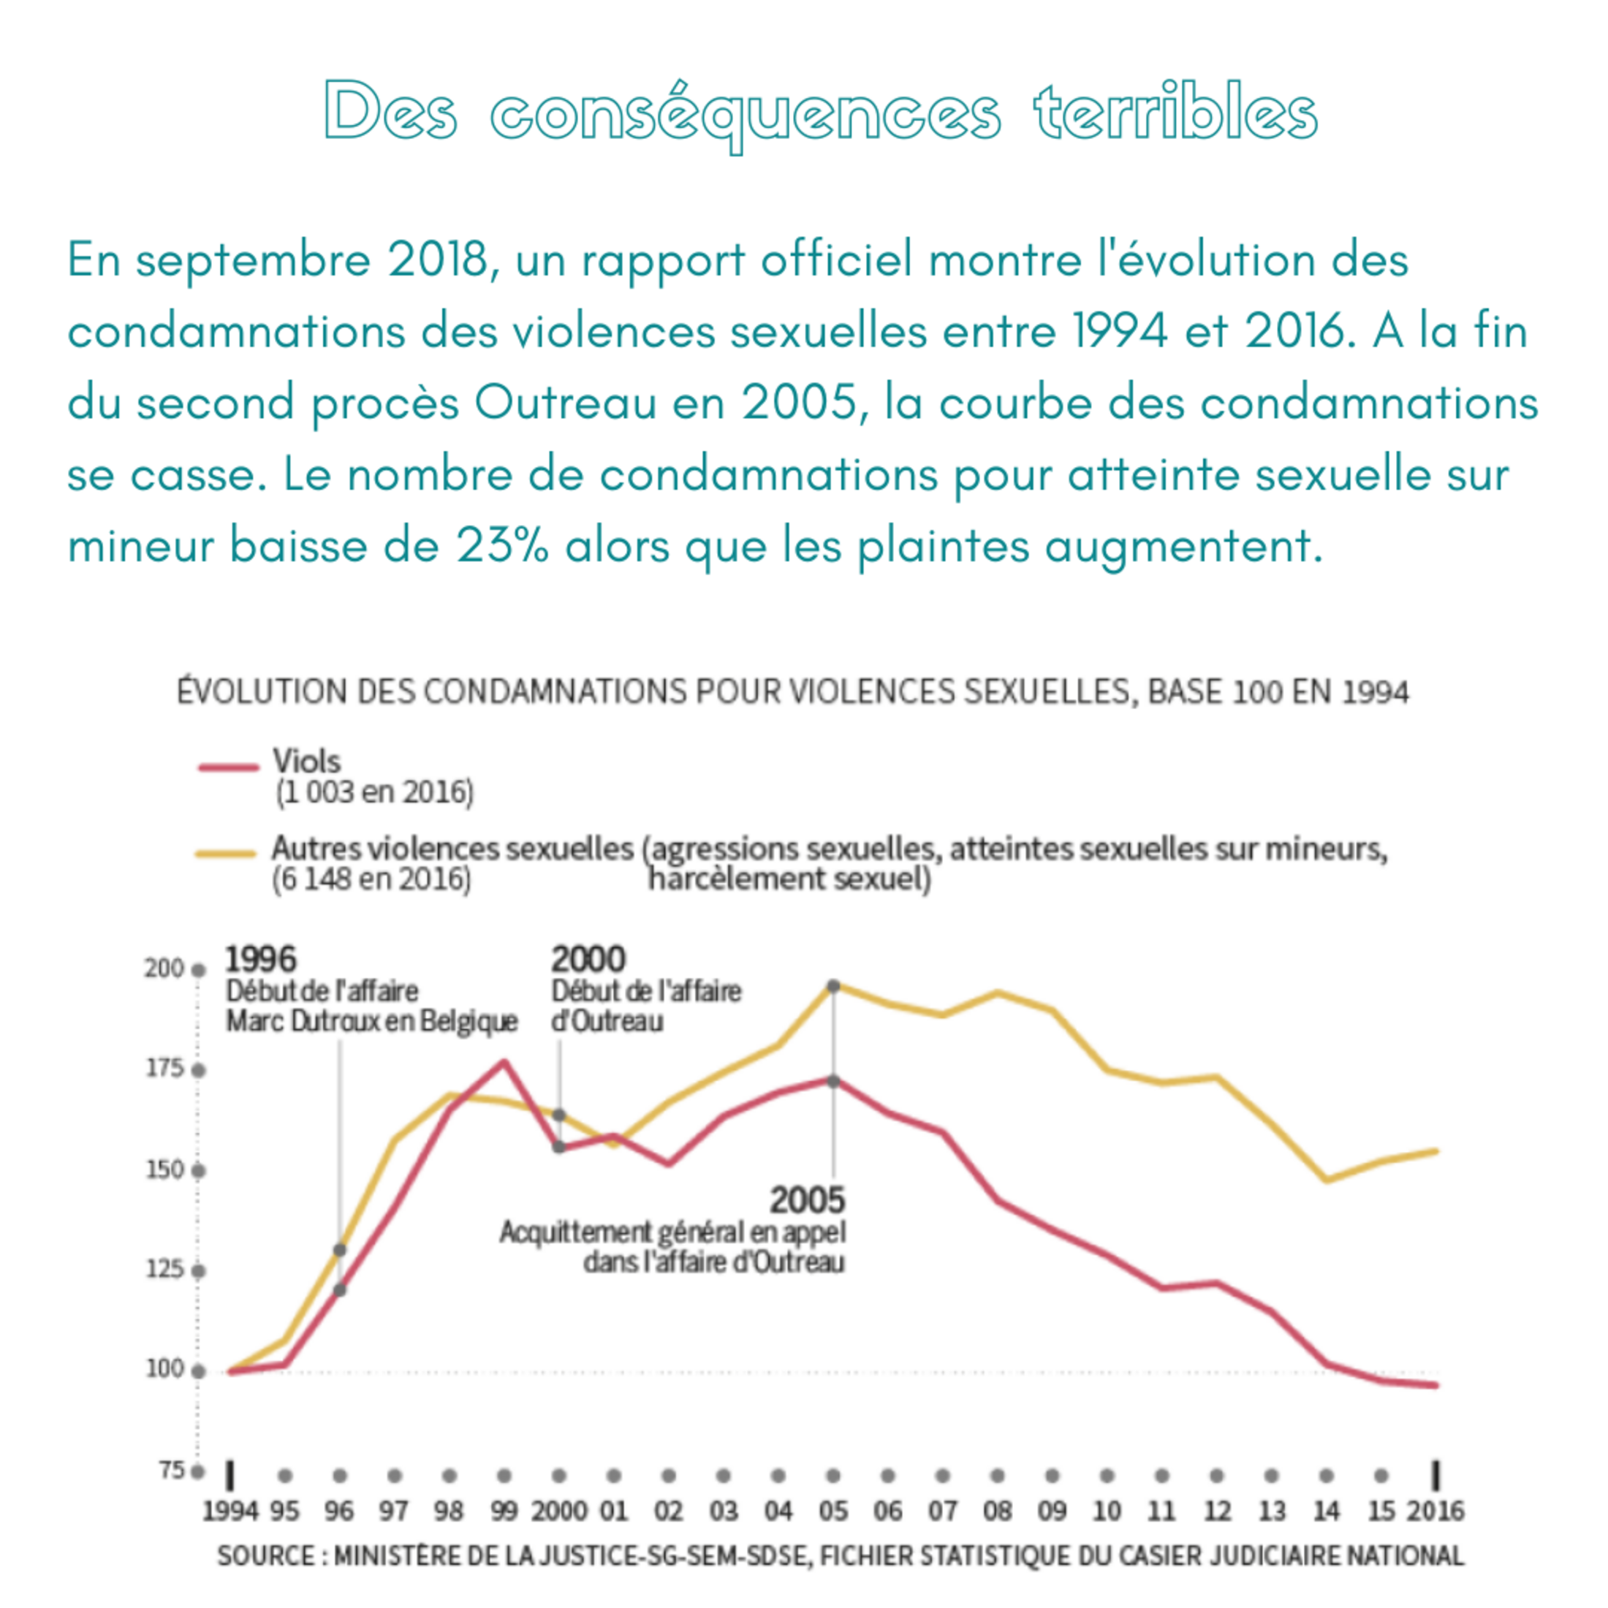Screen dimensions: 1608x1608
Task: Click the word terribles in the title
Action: tap(1175, 113)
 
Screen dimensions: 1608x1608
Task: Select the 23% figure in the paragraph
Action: tap(502, 546)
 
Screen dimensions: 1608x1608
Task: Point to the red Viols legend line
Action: tap(229, 767)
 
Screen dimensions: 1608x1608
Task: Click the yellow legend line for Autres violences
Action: tap(226, 853)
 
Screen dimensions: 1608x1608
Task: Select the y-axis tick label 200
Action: tap(164, 968)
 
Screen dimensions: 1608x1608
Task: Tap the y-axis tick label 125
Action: tap(164, 1270)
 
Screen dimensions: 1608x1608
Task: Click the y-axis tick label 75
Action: tap(170, 1471)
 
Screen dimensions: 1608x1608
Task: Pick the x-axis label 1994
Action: tap(230, 1511)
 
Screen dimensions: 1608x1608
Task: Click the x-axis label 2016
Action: tap(1435, 1511)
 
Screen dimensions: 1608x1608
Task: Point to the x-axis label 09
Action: tap(1052, 1511)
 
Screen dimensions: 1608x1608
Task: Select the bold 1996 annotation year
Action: tap(260, 960)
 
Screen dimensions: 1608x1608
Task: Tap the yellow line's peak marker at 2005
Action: tap(834, 986)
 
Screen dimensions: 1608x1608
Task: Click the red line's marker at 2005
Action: tap(834, 1081)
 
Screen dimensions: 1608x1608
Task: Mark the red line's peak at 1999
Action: tap(504, 1062)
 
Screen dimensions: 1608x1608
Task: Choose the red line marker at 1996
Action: tap(340, 1290)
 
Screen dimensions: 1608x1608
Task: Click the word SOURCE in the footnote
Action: tap(266, 1555)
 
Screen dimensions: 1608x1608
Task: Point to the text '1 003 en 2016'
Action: tap(374, 792)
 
